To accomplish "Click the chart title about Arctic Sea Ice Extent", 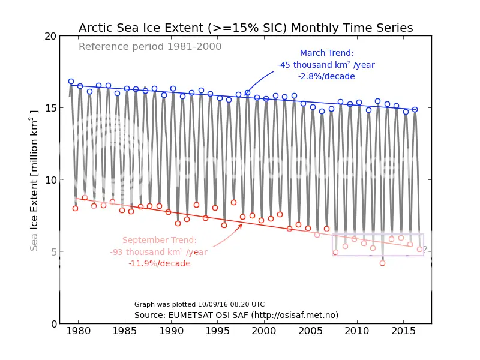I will coord(245,28).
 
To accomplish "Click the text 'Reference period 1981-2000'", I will coord(150,47).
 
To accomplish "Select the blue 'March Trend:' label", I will coord(326,53).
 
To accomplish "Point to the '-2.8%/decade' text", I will coord(326,76).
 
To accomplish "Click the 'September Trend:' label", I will coord(159,241).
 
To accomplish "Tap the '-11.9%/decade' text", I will coord(158,263).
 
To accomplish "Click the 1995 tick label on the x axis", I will coord(218,331).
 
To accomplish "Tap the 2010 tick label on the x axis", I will coord(357,331).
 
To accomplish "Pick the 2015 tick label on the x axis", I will coord(403,331).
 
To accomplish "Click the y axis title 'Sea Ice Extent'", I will coord(34,180).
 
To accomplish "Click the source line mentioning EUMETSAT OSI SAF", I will coord(236,315).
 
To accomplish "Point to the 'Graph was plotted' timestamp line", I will coord(199,305).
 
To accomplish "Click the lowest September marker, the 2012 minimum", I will coord(382,263).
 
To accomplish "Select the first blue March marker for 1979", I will coord(71,81).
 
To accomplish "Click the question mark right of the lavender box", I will coord(425,250).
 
